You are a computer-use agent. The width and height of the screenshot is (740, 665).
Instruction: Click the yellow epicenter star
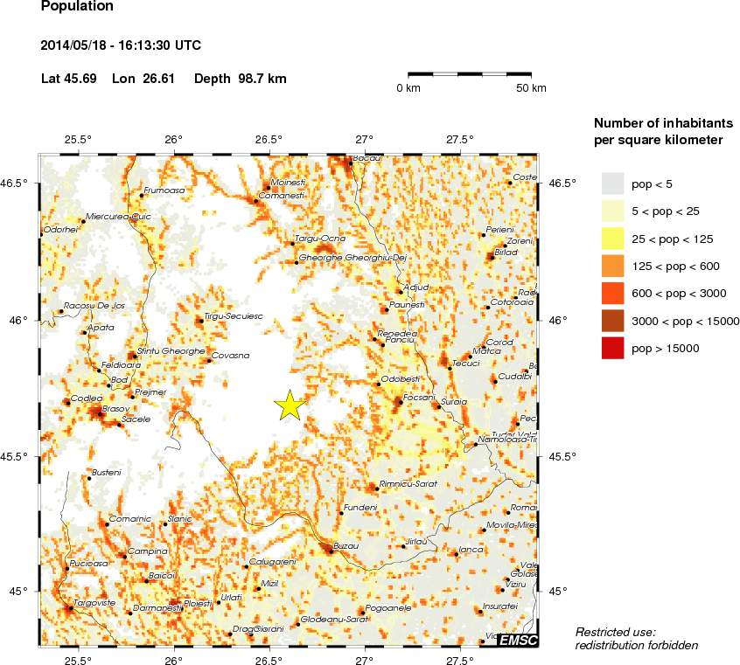tap(289, 405)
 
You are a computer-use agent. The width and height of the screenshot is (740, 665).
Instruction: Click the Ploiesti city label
tap(198, 603)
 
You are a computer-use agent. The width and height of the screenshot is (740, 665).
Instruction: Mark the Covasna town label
tap(231, 356)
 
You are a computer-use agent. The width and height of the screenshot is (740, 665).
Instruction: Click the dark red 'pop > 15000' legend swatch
tap(612, 349)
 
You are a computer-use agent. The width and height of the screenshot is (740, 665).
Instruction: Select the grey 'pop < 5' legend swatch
tap(612, 183)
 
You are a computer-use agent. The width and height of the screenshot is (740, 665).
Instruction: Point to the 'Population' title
tap(77, 7)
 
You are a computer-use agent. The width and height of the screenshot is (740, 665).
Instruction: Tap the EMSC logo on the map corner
tap(518, 641)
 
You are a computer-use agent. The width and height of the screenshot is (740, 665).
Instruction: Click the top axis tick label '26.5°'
tap(269, 139)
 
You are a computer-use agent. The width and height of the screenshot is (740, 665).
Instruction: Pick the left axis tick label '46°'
tap(17, 320)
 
